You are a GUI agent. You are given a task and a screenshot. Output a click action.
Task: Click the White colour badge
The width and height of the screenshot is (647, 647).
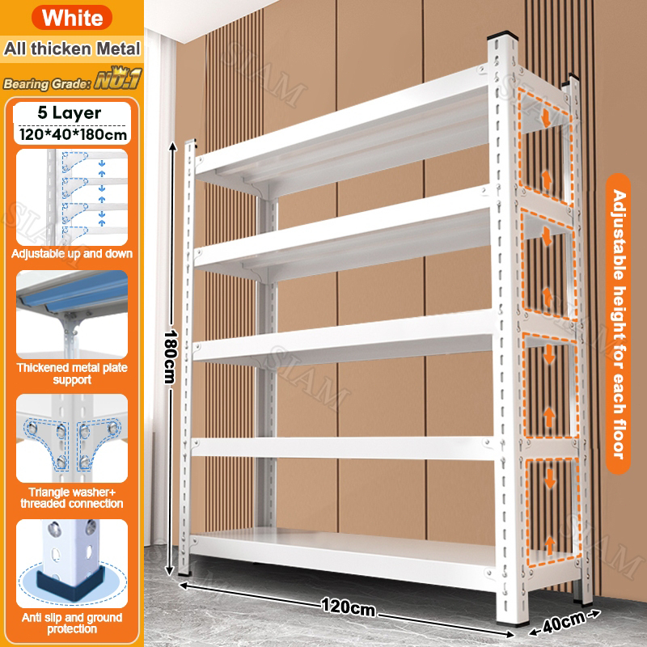tap(72, 17)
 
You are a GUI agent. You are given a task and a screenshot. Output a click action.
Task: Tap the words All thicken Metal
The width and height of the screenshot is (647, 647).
tap(72, 49)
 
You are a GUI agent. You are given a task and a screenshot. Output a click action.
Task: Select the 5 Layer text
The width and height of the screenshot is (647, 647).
tap(70, 112)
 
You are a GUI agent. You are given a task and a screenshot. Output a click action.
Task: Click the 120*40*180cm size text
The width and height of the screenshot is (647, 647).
tap(73, 134)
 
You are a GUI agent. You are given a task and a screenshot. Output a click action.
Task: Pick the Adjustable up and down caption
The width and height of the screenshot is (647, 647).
tap(72, 253)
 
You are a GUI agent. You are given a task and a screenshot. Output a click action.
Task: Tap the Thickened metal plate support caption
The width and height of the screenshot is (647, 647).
tap(72, 374)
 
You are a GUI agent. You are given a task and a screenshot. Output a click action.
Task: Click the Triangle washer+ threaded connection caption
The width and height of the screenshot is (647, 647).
tap(72, 497)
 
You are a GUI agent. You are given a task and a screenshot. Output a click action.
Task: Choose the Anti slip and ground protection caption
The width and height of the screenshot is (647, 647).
tap(72, 623)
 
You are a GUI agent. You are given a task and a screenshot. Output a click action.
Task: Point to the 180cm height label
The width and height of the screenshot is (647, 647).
tap(171, 357)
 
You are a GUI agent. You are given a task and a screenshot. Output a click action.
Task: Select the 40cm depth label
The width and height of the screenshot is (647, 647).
tap(564, 622)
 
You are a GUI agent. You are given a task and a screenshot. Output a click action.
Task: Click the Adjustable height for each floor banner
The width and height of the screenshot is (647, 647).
tap(618, 324)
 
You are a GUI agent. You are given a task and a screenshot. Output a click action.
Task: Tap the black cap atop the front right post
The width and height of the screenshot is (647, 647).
tap(502, 35)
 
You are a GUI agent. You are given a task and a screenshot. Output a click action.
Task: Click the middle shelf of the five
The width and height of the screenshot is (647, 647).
tap(342, 338)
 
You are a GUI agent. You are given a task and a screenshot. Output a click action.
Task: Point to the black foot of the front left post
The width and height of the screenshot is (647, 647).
tap(184, 573)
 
